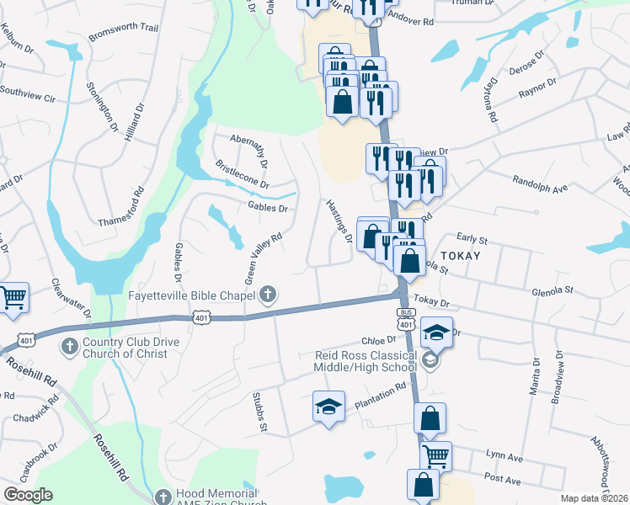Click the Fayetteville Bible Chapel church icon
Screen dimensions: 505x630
tap(268, 295)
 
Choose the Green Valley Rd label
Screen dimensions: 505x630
tap(262, 257)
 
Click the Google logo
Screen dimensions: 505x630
tap(28, 494)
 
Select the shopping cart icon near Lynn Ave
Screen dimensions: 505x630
tap(435, 455)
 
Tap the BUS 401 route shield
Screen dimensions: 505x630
tap(405, 320)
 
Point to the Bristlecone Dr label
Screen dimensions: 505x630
tap(243, 174)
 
